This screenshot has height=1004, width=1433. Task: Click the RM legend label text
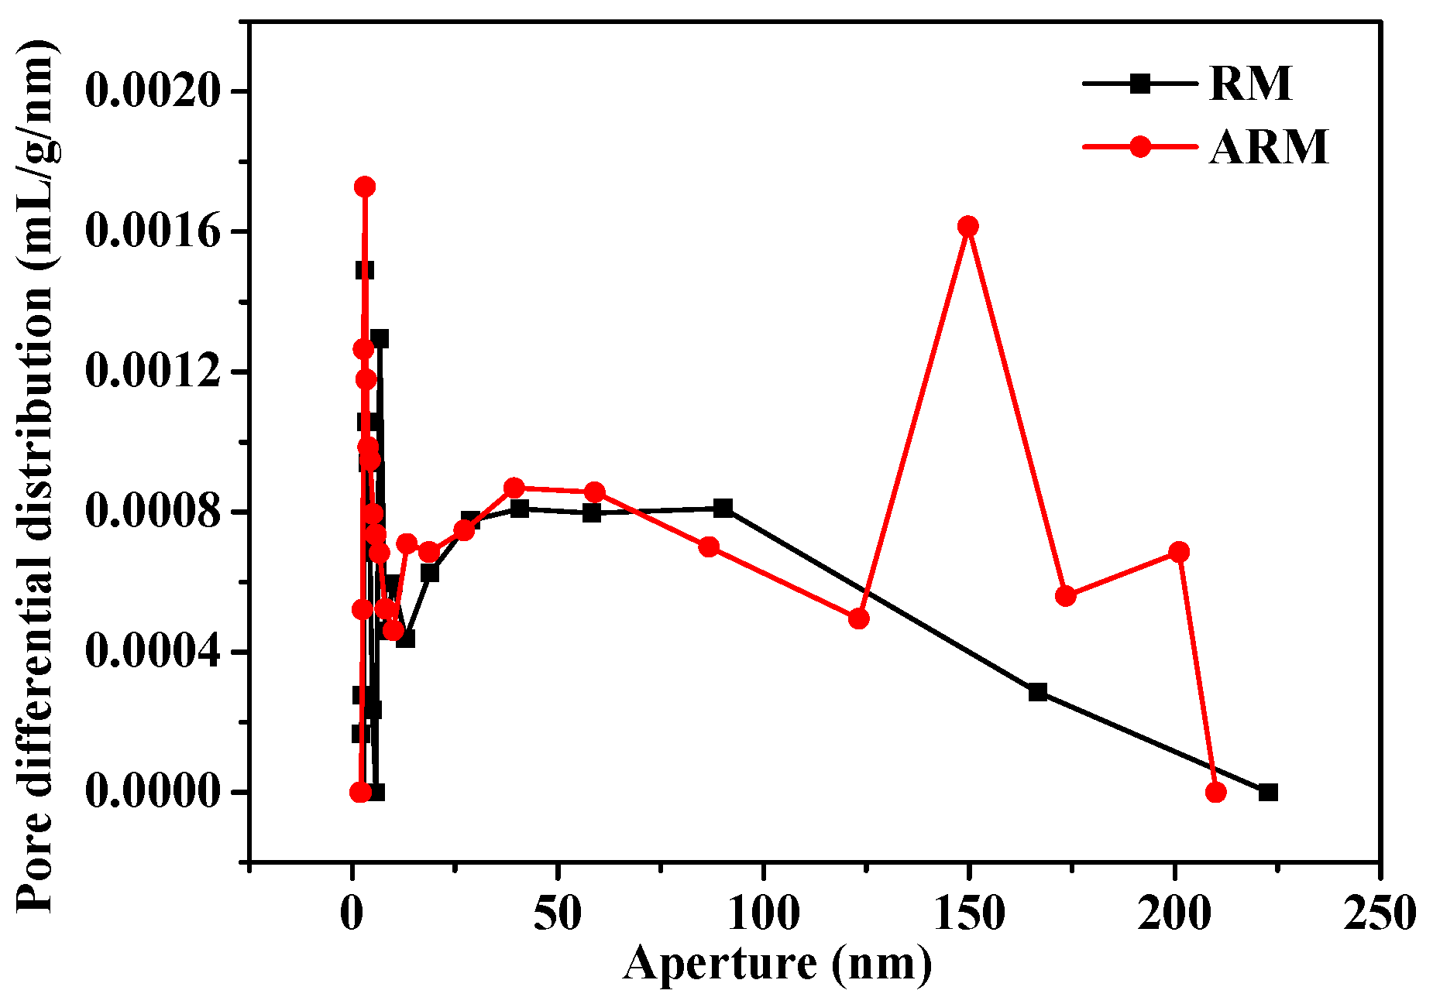coord(1250,84)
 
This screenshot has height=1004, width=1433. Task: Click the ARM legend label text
coord(1269,146)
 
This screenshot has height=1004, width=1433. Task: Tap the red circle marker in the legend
coord(1139,146)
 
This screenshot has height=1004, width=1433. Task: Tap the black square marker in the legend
coord(1139,84)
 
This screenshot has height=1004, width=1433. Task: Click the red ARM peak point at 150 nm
coord(967,226)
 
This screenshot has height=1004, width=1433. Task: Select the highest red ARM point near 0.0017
coord(365,187)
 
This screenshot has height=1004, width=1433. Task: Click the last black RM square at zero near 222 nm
coord(1268,792)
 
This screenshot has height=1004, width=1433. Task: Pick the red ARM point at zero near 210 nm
coord(1215,792)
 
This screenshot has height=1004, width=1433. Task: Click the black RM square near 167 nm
coord(1038,692)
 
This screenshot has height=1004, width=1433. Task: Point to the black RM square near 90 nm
coord(723,508)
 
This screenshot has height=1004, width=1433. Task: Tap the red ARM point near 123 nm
coord(858,619)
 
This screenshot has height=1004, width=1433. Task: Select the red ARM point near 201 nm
coord(1179,552)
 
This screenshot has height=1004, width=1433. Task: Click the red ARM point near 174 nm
coord(1066,596)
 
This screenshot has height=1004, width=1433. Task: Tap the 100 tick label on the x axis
coord(763,914)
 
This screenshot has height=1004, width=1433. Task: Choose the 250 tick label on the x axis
coord(1379,914)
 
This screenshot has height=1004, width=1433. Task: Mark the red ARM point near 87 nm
coord(709,547)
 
